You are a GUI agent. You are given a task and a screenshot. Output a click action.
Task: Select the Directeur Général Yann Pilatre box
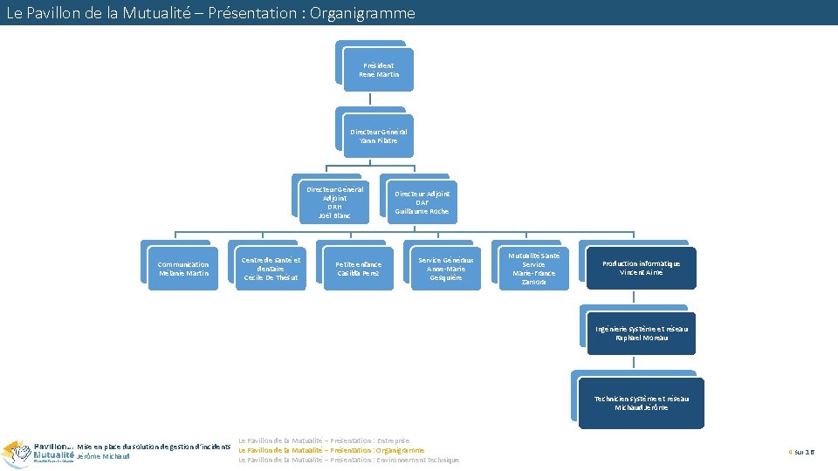[378, 136]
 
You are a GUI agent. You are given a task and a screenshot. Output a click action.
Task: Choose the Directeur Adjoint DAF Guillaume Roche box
[422, 202]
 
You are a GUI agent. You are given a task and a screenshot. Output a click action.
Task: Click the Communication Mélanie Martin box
[183, 269]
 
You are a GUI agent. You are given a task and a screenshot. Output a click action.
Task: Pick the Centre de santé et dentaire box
[271, 269]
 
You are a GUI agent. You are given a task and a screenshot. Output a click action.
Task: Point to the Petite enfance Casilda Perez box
[359, 269]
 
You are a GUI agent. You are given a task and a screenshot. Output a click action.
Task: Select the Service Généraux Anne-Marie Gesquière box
[446, 269]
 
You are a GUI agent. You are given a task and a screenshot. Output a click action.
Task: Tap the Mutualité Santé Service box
[533, 269]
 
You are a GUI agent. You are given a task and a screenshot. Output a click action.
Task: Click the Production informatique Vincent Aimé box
[642, 268]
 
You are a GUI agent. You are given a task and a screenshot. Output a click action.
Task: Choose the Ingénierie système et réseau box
[642, 333]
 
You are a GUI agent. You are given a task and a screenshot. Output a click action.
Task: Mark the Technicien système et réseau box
[642, 402]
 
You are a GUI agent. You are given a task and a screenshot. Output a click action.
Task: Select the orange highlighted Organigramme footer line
[332, 450]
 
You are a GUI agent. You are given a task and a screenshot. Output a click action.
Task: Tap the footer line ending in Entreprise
[324, 440]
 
